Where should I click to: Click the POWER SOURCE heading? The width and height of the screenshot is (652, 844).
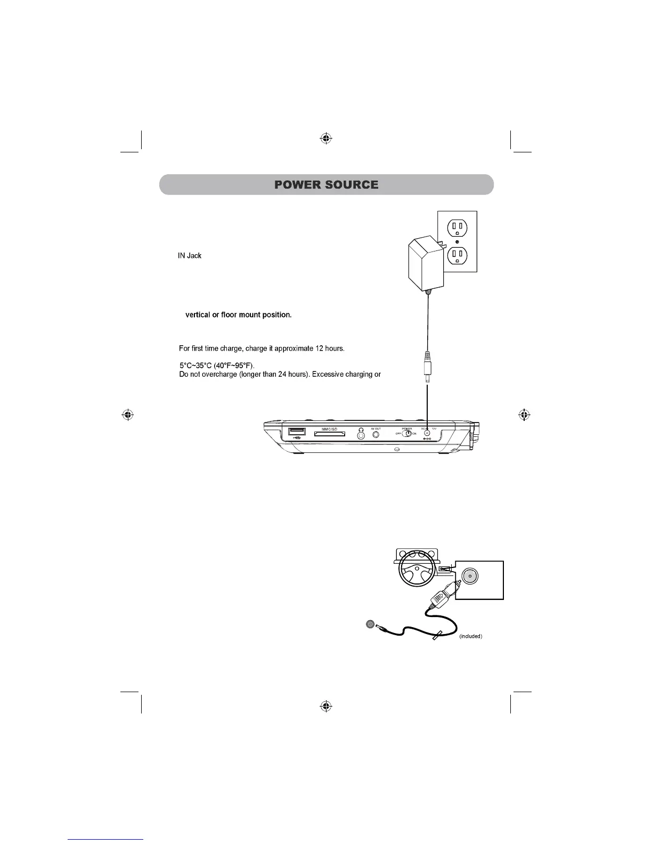[x=326, y=185]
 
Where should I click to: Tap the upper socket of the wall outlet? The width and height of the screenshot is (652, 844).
[x=457, y=229]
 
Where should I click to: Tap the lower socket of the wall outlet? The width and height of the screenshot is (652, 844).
[x=457, y=256]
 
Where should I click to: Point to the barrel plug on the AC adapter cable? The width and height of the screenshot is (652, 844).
[x=427, y=368]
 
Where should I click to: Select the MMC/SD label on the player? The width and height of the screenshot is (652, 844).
[x=330, y=429]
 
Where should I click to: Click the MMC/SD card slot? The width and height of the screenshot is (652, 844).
[x=330, y=434]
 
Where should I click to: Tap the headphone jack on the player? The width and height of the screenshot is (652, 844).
[x=362, y=435]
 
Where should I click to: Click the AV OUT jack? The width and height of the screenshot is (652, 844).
[x=377, y=434]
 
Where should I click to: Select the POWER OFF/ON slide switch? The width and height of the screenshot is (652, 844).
[x=407, y=434]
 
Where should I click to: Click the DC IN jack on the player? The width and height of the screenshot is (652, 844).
[x=427, y=434]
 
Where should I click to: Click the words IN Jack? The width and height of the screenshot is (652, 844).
[x=190, y=256]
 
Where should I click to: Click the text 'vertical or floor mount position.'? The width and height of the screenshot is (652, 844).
[x=238, y=315]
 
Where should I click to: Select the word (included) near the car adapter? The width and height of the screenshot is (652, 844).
[x=470, y=636]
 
